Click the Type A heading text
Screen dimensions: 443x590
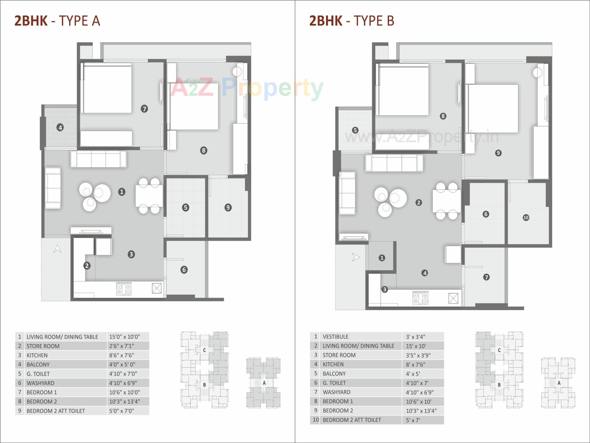(x=57, y=21)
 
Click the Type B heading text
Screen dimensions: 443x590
(x=352, y=21)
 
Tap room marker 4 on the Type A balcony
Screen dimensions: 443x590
(x=60, y=127)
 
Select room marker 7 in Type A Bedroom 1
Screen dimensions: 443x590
(x=144, y=109)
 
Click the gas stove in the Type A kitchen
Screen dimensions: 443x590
(x=124, y=289)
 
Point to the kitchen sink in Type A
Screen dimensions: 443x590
(x=156, y=288)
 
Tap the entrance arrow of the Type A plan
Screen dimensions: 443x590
(x=57, y=249)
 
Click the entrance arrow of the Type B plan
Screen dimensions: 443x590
(x=355, y=257)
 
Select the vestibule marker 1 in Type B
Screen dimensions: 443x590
(x=382, y=258)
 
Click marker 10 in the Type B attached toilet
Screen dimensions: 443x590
(x=526, y=218)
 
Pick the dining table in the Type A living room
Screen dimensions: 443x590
(x=149, y=196)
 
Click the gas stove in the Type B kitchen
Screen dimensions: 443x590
(x=420, y=298)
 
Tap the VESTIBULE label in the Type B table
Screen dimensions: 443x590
(x=336, y=337)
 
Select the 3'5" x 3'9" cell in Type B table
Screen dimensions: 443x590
(x=418, y=355)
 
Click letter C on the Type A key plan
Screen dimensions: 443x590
(x=204, y=350)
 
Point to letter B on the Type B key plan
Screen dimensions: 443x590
(x=499, y=385)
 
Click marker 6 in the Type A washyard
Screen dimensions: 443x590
(x=184, y=270)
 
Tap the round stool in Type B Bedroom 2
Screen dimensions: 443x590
(x=537, y=73)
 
